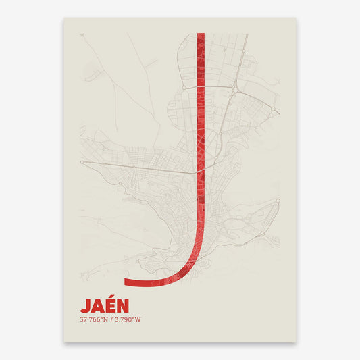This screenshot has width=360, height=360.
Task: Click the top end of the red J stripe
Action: coord(200,34)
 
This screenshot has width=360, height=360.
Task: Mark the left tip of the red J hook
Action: coord(125,282)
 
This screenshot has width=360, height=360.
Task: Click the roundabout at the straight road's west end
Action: coord(82,163)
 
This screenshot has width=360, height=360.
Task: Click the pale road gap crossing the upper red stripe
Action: coord(200,86)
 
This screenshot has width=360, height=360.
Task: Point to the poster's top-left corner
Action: coord(64,18)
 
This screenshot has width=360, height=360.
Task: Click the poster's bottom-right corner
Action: coord(297,342)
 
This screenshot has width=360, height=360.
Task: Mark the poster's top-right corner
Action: coord(297,18)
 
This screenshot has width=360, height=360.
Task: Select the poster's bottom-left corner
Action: coord(64,342)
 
